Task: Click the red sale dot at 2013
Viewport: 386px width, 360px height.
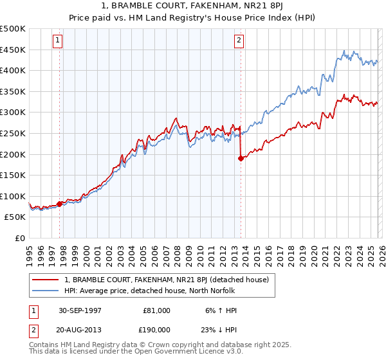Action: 241,158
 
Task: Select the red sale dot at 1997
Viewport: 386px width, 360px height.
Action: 60,204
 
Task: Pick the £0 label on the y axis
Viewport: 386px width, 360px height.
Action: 21,238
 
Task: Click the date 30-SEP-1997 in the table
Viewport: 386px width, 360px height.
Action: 80,310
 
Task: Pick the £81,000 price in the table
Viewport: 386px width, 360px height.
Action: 156,310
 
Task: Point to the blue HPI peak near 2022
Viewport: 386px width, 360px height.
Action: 344,50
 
